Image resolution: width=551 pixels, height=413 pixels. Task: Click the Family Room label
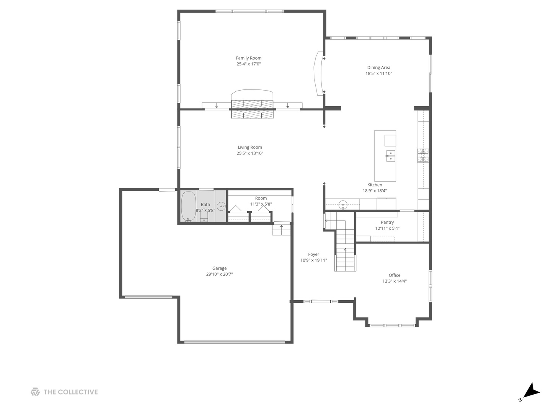click(248, 58)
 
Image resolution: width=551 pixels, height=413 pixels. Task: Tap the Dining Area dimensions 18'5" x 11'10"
click(378, 73)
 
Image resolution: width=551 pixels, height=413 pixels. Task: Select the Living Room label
click(250, 147)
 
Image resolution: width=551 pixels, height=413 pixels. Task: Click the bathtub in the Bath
click(188, 206)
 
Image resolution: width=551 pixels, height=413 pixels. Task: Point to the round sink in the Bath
click(221, 206)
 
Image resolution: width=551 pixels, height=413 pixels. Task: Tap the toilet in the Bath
click(204, 216)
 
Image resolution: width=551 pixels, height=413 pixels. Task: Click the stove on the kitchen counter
click(422, 155)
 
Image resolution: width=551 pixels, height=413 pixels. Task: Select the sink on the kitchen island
click(390, 156)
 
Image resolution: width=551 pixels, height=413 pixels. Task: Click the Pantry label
click(387, 222)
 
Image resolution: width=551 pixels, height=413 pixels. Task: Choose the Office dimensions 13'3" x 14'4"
click(395, 281)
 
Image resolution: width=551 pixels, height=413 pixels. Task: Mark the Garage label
click(219, 268)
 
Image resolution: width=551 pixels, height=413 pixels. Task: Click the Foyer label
click(313, 254)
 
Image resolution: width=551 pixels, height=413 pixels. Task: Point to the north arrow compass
click(530, 392)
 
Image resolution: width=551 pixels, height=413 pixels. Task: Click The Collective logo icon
click(35, 392)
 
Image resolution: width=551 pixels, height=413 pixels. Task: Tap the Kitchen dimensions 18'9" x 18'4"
click(375, 190)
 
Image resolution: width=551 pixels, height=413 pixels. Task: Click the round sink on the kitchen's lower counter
click(343, 205)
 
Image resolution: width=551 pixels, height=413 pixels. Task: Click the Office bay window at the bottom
click(392, 325)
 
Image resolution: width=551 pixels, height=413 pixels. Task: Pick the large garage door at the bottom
click(234, 342)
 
